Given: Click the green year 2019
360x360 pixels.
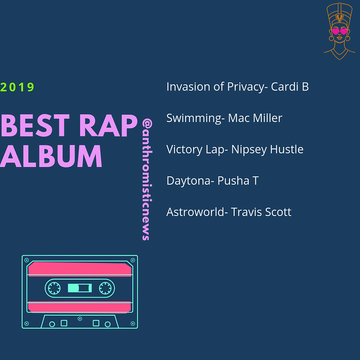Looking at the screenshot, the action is click(17, 87).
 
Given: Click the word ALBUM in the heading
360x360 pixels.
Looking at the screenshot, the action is click(51, 156).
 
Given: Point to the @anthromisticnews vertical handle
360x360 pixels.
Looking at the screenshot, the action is click(147, 179).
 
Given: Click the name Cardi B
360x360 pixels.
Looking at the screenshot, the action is click(290, 87).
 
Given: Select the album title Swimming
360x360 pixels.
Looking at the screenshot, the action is click(194, 118).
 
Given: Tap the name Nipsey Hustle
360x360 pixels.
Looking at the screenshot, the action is click(267, 149).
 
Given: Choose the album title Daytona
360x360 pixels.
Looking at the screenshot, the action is click(188, 181).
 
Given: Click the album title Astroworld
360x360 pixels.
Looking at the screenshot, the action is click(195, 212).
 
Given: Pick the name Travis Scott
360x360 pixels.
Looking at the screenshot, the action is click(261, 212).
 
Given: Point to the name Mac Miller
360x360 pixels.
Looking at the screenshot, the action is click(255, 118).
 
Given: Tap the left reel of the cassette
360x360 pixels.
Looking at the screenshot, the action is click(54, 288).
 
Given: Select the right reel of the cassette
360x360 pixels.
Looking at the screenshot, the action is click(105, 288).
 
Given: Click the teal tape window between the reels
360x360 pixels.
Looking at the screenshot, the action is click(80, 288).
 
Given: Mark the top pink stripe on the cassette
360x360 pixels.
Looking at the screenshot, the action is click(80, 269).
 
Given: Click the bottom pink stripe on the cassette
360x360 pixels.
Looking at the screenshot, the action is click(80, 307).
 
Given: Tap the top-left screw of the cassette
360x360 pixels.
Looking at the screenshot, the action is click(27, 260).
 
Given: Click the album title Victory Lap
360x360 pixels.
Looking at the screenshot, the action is click(195, 149).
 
